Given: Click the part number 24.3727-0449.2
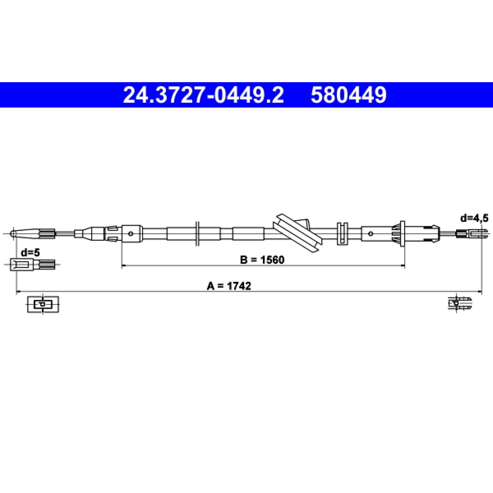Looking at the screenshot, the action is (x=203, y=95).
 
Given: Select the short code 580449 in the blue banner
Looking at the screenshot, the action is (x=349, y=95).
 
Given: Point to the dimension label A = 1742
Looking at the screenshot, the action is (x=229, y=286).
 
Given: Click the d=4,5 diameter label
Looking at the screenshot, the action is (x=474, y=218).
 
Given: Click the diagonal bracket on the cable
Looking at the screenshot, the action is (x=297, y=233).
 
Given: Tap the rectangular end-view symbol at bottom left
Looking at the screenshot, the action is (x=43, y=304).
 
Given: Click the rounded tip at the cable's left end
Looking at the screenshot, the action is (x=12, y=233).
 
